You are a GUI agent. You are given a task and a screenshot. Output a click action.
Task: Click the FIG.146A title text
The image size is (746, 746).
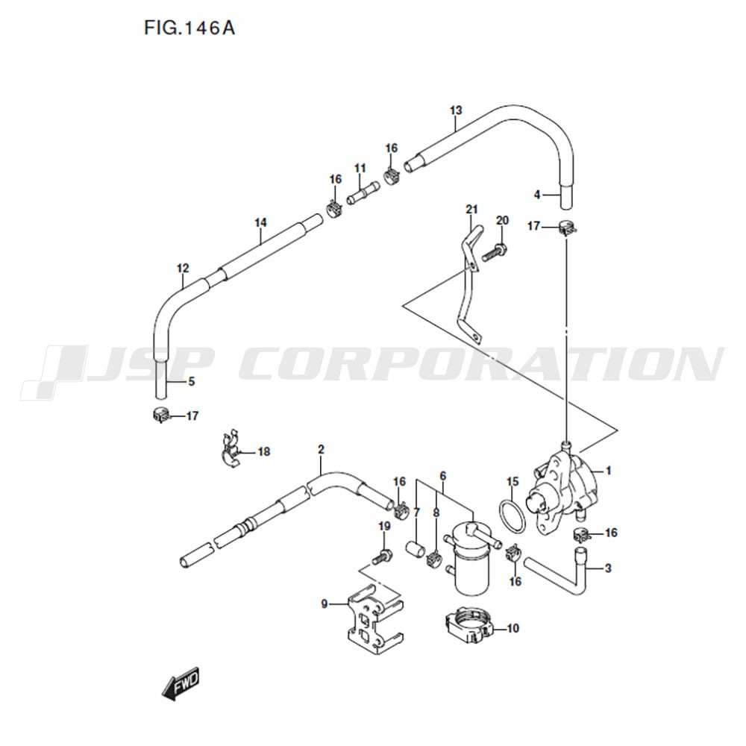point(189,28)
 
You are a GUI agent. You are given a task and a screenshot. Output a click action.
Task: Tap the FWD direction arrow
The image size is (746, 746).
point(181,683)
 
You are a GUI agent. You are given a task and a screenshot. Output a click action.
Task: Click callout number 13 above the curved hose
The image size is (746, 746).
point(456,110)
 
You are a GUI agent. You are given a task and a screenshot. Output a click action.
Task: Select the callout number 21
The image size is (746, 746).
point(471,210)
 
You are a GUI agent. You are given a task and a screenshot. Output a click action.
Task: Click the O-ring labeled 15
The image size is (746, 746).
point(512,517)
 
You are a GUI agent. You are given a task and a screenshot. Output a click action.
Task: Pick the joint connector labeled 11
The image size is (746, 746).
point(363,193)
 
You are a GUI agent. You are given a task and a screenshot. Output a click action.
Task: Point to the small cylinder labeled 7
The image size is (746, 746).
point(415,548)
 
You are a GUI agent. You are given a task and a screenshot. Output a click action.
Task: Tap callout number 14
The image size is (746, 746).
point(260,222)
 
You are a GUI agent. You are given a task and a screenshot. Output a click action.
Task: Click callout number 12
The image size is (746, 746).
point(183,269)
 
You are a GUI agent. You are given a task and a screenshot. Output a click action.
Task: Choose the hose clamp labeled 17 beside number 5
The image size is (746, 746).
point(160,416)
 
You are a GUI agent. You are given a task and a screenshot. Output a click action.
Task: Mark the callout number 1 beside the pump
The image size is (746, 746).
point(609,471)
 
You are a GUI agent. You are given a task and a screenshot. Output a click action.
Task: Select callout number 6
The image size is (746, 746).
point(443,476)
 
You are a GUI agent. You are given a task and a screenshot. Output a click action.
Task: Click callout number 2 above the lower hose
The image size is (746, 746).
point(321,450)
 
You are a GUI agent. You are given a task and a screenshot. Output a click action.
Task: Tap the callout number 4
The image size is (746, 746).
point(537,195)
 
